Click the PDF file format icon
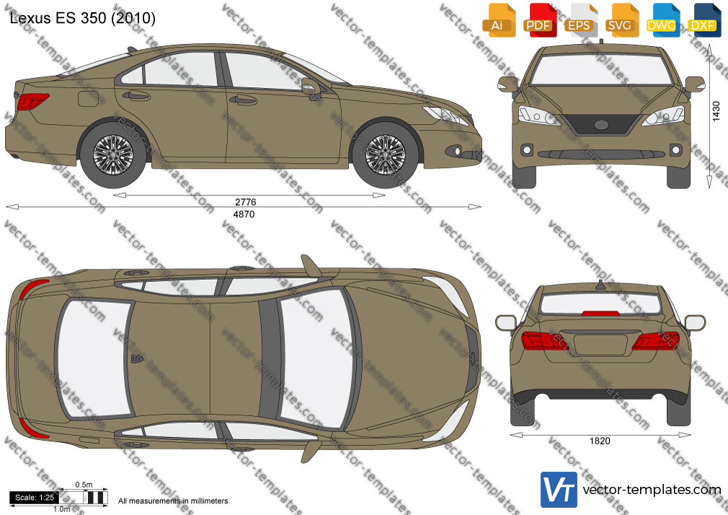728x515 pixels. pos(538,20)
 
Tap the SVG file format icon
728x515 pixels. pos(620,20)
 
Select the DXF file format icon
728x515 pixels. pos(703,20)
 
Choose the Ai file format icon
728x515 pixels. pos(497,20)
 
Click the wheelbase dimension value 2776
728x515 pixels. pos(246,202)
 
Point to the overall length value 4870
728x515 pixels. pos(244,214)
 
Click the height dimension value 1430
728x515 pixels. pos(716,111)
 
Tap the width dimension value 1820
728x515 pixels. pos(600,441)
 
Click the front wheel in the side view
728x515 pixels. pos(386,154)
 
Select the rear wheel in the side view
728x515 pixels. pos(113,154)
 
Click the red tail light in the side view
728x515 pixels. pos(32,101)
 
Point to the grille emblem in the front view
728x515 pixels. pos(601,125)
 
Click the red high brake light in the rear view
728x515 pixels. pos(600,313)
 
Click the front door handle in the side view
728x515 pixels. pos(242,99)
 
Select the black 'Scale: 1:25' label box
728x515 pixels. pos(35,498)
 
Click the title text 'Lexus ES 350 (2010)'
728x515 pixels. pos(83,18)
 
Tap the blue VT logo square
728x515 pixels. pos(559,490)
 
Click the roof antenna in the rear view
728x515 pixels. pos(600,286)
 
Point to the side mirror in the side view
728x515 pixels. pos(311,87)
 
